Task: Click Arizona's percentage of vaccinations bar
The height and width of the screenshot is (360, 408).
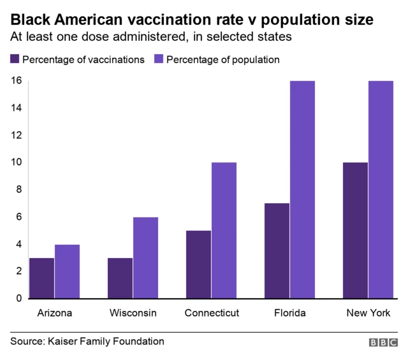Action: (x=42, y=278)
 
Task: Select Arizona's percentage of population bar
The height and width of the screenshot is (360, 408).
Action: (x=67, y=271)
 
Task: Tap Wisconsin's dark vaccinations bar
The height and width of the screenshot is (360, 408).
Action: (x=120, y=278)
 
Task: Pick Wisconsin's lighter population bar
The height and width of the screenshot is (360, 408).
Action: (x=145, y=257)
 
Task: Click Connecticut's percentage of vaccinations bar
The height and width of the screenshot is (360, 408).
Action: (x=199, y=264)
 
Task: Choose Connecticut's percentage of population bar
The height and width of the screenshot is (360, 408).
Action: (x=224, y=230)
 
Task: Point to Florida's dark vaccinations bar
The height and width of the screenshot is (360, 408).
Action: (x=277, y=250)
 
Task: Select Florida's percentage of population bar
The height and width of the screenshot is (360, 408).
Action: (x=302, y=189)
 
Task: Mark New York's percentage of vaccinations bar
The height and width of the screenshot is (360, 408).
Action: (x=355, y=230)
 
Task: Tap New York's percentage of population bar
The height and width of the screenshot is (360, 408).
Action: (x=381, y=189)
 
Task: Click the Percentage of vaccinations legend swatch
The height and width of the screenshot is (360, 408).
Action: (x=14, y=59)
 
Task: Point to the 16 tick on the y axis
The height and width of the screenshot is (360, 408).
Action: (x=16, y=81)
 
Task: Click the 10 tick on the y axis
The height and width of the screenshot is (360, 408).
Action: (x=16, y=162)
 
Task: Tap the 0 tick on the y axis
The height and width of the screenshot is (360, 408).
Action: (x=18, y=298)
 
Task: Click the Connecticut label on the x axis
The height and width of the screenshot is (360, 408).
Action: (x=212, y=313)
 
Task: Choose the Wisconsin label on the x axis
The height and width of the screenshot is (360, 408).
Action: (x=133, y=313)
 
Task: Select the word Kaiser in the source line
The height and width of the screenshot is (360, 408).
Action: (x=62, y=342)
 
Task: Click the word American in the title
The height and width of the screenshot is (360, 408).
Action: (x=78, y=20)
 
